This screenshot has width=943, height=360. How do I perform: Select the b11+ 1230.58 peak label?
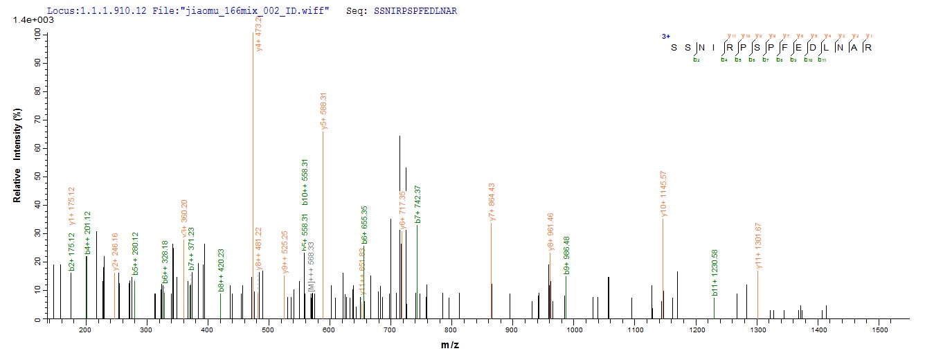click(715, 278)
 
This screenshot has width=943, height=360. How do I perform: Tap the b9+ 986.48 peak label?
click(566, 255)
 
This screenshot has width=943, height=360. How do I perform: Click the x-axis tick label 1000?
click(573, 328)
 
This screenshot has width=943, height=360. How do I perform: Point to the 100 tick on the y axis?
click(35, 34)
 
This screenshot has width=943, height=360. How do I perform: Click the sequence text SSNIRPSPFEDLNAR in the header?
click(415, 12)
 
